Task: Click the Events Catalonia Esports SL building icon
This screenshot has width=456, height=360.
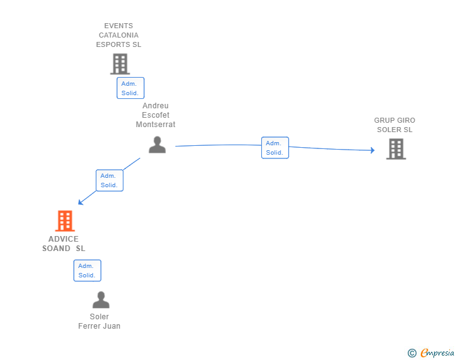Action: pos(120,64)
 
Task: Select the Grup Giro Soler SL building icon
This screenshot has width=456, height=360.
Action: pos(395,149)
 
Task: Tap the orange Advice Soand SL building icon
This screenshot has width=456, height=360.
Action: pos(65,221)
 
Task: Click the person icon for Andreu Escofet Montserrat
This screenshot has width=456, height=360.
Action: pos(157,145)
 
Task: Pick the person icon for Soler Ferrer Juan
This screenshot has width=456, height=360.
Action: pos(100,300)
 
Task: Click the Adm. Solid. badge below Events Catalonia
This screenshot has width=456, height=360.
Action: pos(130,88)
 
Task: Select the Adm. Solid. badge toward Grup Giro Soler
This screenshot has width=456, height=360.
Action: pos(275,148)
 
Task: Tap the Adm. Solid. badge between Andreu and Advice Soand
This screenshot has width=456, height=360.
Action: pos(110,180)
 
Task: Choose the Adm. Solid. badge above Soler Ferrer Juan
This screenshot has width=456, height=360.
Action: pos(87,270)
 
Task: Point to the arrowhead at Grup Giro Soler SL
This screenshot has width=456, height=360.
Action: pos(372,150)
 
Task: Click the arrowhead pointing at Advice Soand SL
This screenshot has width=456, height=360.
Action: pos(81,202)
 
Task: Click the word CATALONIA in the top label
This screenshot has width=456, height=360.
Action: pos(118,35)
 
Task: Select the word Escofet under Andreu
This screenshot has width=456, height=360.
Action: pos(155,115)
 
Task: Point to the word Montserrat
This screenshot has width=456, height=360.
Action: pos(155,125)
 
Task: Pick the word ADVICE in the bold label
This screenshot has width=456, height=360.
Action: pos(63,239)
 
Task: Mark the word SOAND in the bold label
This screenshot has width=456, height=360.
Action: pos(56,249)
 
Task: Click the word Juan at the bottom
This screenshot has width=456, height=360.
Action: pos(112,326)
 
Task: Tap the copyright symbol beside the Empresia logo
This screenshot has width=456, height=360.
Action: pos(412,353)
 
